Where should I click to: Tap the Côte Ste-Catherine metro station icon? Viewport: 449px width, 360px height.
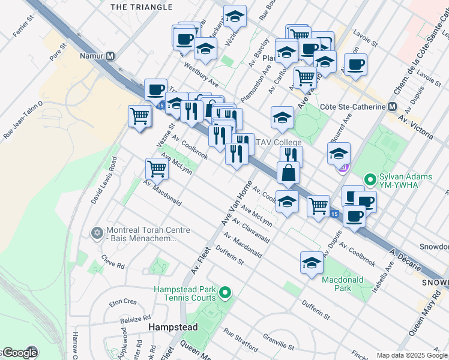tap(392, 106)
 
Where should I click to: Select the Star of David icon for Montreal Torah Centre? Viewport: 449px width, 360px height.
tap(97, 232)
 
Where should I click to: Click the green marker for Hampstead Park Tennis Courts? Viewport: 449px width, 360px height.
tap(225, 293)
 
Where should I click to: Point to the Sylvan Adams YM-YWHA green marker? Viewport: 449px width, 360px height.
tap(371, 179)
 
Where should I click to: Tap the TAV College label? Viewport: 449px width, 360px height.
tap(279, 142)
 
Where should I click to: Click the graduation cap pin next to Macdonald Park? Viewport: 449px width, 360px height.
tap(312, 263)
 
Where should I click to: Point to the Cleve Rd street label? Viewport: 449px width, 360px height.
tap(112, 263)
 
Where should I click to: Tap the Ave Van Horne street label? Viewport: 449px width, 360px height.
tap(235, 205)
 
